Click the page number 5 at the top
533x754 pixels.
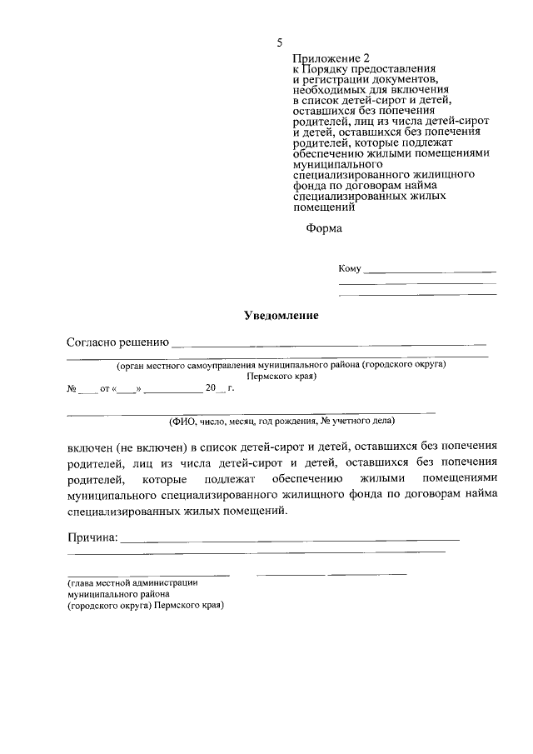[x=280, y=42]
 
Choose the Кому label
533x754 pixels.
[x=350, y=268]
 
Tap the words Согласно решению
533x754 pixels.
[x=117, y=342]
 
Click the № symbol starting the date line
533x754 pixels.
[x=72, y=388]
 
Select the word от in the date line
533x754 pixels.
[x=105, y=388]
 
